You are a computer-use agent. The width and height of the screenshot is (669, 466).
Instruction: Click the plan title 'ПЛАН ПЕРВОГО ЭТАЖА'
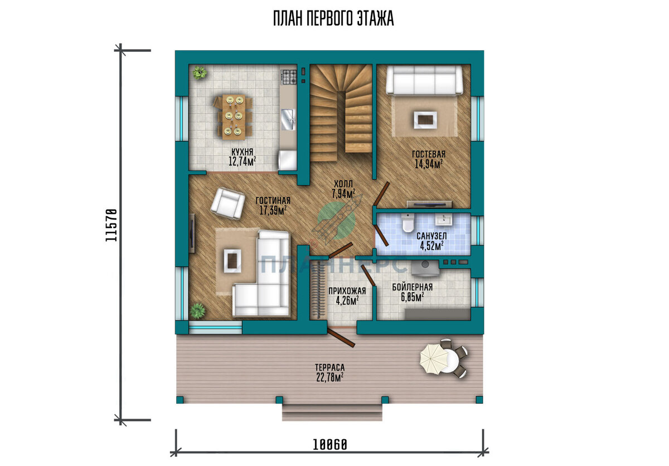click(x=333, y=18)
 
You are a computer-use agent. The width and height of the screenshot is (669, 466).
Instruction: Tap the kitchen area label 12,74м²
click(x=242, y=162)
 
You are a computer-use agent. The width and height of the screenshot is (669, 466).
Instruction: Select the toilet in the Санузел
click(x=408, y=222)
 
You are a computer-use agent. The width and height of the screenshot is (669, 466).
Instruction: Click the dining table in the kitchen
click(x=234, y=117)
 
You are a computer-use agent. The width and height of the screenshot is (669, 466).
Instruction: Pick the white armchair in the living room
click(x=227, y=203)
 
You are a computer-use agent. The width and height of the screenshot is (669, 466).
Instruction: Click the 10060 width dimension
click(x=330, y=444)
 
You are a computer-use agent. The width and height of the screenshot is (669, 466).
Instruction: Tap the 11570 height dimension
click(x=111, y=225)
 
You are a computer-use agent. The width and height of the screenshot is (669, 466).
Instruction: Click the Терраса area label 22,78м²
click(x=329, y=377)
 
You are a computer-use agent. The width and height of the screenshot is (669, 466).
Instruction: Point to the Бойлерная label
click(x=412, y=287)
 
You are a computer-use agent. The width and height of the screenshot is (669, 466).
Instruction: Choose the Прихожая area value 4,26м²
click(x=347, y=300)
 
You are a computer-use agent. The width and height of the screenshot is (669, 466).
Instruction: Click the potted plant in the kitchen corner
click(x=199, y=72)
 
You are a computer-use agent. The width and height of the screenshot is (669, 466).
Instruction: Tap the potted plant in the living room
click(x=198, y=310)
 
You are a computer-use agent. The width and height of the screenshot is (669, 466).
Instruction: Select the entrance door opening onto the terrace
click(x=341, y=338)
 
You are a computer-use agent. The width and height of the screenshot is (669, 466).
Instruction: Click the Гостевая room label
click(x=429, y=154)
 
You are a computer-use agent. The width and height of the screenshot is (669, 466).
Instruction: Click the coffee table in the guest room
click(x=425, y=119)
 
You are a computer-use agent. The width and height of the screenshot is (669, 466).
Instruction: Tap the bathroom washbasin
click(x=444, y=220)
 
